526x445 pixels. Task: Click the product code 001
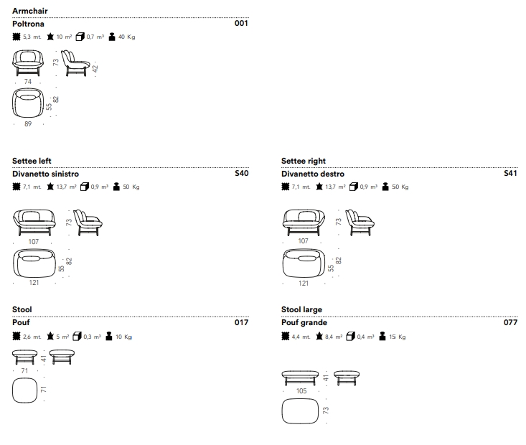[241, 24]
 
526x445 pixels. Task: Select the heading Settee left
[32, 161]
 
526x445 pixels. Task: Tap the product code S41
[510, 174]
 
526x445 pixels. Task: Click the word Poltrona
[29, 24]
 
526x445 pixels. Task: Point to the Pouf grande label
[304, 323]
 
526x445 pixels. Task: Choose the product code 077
[510, 323]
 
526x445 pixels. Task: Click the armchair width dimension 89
[27, 124]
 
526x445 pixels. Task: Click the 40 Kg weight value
[126, 37]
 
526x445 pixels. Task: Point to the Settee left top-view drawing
[34, 263]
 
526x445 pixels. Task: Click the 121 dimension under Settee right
[303, 284]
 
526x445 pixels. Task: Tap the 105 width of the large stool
[302, 391]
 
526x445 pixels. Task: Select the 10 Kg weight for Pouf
[123, 337]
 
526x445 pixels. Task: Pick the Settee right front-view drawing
[303, 222]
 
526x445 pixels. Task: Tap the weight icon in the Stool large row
[382, 337]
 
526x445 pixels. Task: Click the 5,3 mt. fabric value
[32, 37]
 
